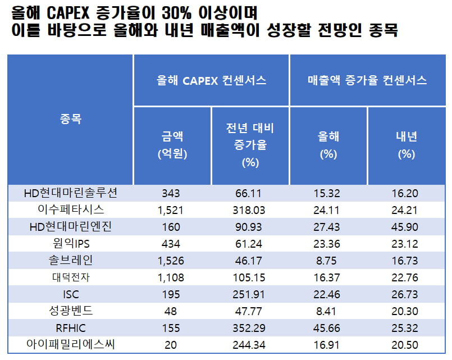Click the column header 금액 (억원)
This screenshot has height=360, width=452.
[x=171, y=145]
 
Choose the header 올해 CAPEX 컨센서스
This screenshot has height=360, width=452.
[x=211, y=80]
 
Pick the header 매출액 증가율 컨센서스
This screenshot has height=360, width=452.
[x=367, y=80]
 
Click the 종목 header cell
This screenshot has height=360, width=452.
[x=70, y=119]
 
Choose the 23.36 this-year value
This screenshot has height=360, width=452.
[x=328, y=244]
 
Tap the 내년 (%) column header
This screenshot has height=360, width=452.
[x=406, y=145]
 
